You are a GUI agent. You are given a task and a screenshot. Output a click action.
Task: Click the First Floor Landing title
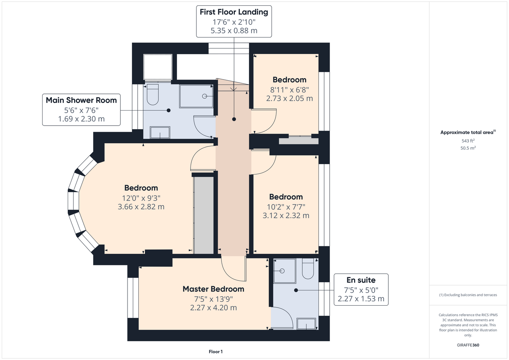click(234, 12)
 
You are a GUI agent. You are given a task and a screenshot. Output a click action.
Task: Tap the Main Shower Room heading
click(81, 100)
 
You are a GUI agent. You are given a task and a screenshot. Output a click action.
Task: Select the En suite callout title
click(361, 280)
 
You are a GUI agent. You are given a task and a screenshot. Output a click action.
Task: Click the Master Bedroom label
click(213, 289)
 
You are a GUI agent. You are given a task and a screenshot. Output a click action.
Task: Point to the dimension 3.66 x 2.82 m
click(141, 207)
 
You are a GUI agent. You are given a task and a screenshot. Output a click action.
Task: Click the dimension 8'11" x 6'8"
click(289, 90)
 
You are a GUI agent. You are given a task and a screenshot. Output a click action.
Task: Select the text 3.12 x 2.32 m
click(286, 215)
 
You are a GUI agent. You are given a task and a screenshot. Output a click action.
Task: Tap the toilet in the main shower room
click(153, 94)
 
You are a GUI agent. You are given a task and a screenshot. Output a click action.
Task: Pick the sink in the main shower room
click(160, 132)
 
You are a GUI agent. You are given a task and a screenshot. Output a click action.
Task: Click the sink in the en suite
click(306, 324)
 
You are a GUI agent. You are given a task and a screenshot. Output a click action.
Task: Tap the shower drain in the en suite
click(282, 271)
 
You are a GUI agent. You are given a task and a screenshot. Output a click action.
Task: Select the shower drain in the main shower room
click(205, 96)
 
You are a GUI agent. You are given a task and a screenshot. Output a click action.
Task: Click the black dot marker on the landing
click(234, 119)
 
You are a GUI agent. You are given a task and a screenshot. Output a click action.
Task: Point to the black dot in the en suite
click(296, 290)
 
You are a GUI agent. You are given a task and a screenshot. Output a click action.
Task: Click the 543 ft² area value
click(468, 141)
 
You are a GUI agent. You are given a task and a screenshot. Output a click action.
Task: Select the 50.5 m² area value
click(468, 148)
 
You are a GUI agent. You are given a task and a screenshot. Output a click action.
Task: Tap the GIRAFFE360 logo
click(468, 345)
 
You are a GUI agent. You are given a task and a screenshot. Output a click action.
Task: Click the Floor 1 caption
click(216, 352)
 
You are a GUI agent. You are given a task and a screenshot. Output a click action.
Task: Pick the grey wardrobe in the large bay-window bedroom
click(204, 215)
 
